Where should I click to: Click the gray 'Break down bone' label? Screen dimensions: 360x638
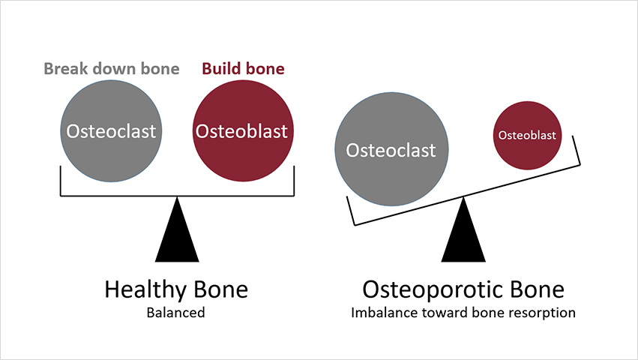point(112,69)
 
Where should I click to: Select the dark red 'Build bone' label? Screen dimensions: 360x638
point(243,69)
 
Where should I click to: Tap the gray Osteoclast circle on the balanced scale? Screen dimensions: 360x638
point(111,130)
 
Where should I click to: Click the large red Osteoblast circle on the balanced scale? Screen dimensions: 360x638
point(241,130)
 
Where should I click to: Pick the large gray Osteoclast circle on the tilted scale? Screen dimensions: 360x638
point(391,150)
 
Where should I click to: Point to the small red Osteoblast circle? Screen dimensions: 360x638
point(527,135)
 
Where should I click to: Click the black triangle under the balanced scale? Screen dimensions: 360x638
point(177,232)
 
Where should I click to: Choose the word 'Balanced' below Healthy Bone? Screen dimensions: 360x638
point(176,313)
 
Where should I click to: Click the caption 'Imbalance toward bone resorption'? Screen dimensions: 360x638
point(463,313)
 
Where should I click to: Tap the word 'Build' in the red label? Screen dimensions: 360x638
point(220,69)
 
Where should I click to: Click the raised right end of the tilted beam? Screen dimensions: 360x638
point(578,150)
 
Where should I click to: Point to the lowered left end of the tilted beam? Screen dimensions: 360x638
point(351,211)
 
